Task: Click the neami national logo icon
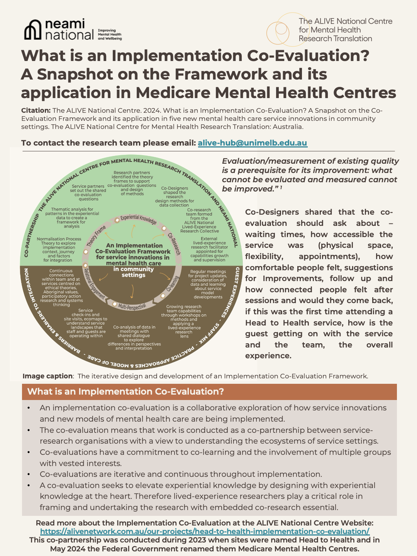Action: click(x=33, y=30)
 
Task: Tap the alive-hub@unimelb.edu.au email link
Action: click(x=252, y=143)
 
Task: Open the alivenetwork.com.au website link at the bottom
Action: click(x=205, y=531)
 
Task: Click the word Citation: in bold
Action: click(x=36, y=110)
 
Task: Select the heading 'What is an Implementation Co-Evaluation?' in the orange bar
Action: click(x=125, y=392)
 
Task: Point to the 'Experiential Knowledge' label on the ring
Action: click(x=138, y=219)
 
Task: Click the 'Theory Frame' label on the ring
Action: click(x=96, y=236)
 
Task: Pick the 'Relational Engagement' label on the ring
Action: click(x=94, y=283)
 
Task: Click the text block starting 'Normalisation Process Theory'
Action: click(x=59, y=249)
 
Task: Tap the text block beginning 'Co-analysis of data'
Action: click(x=134, y=337)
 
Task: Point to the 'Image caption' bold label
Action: click(x=47, y=376)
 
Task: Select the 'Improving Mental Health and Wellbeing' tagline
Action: click(x=110, y=34)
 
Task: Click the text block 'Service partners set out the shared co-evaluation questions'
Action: click(x=88, y=193)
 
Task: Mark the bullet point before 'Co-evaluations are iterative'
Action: click(x=29, y=474)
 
